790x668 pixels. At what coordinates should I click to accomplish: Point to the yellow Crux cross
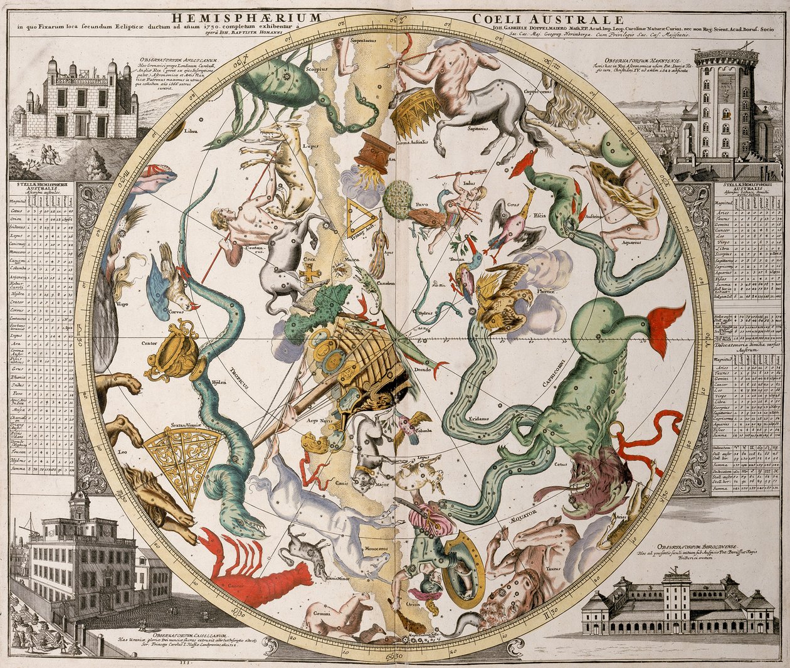(309, 275)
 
